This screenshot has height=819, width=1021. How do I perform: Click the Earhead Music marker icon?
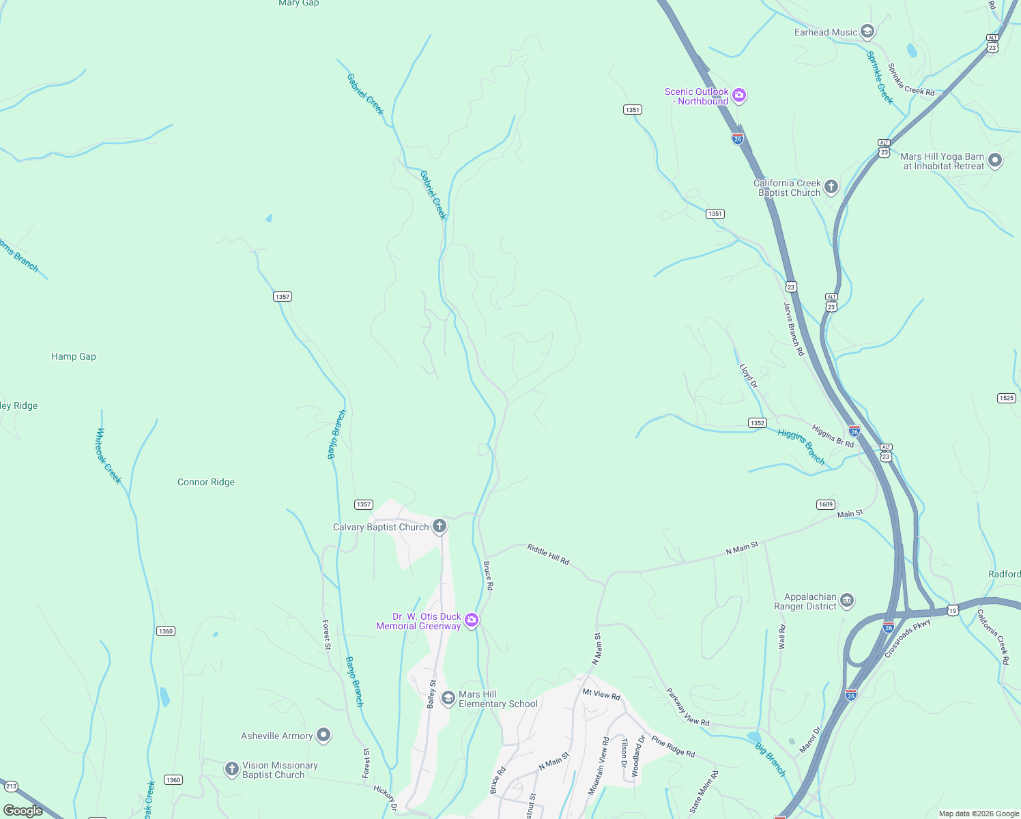click(x=867, y=31)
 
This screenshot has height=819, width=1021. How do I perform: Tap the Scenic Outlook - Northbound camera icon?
click(x=738, y=96)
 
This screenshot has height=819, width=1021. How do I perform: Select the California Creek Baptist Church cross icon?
click(x=831, y=187)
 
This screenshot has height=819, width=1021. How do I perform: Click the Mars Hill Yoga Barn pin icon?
click(x=994, y=161)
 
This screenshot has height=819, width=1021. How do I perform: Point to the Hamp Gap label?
click(x=74, y=356)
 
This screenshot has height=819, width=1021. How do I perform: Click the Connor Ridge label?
click(x=206, y=482)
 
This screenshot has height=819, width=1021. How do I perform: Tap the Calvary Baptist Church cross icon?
click(x=440, y=526)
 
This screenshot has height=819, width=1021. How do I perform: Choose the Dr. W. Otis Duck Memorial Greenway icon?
click(x=471, y=620)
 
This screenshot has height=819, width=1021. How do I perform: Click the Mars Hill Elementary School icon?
click(x=448, y=698)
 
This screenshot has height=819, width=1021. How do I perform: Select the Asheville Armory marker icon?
click(x=323, y=735)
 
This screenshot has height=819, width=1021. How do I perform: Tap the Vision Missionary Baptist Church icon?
click(x=232, y=769)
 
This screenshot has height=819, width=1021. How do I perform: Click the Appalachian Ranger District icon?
click(x=846, y=601)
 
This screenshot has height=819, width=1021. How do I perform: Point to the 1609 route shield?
click(x=826, y=504)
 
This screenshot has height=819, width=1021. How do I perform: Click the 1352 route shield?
click(x=758, y=423)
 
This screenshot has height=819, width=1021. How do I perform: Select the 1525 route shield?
click(x=1007, y=398)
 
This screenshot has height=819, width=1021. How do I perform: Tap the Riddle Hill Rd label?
click(x=548, y=554)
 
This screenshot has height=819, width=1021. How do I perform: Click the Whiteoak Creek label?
click(x=109, y=456)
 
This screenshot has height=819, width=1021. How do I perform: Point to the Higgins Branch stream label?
click(x=801, y=447)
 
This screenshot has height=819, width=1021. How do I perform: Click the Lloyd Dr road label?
click(x=749, y=376)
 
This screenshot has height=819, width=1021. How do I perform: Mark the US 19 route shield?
click(x=953, y=610)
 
